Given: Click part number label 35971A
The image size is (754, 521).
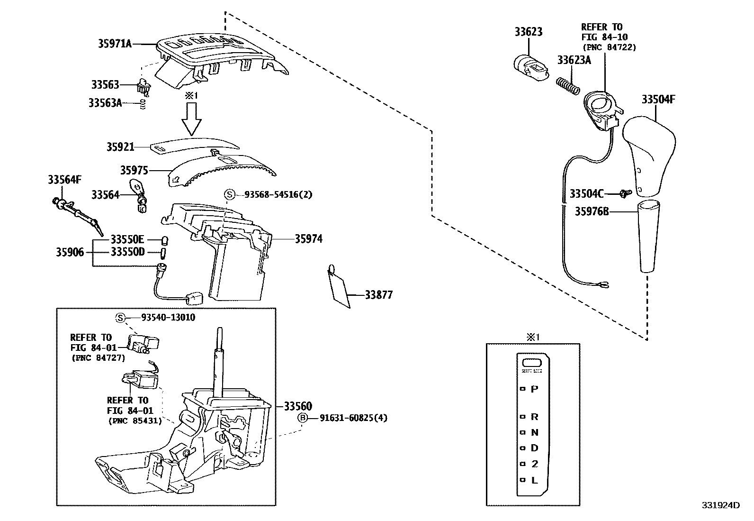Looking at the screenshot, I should tap(115, 44).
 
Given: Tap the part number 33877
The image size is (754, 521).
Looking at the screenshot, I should tap(378, 295).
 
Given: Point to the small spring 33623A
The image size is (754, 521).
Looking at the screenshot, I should tap(567, 86).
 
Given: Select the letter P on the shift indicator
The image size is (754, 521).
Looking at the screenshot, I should tap(534, 389).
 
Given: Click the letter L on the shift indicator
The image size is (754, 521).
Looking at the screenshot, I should tap(534, 480).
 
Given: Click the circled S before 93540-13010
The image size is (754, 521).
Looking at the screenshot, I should tap(120, 318).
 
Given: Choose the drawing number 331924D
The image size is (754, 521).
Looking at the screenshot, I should tap(720, 505).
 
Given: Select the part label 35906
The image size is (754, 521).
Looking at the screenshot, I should tap(70, 252).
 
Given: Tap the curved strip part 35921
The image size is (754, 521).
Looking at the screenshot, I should tap(194, 143).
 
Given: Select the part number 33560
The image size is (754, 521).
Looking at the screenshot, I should tap(298, 406).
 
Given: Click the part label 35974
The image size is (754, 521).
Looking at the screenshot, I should tap(308, 239).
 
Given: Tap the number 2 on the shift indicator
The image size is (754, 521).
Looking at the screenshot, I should tap(534, 464).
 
